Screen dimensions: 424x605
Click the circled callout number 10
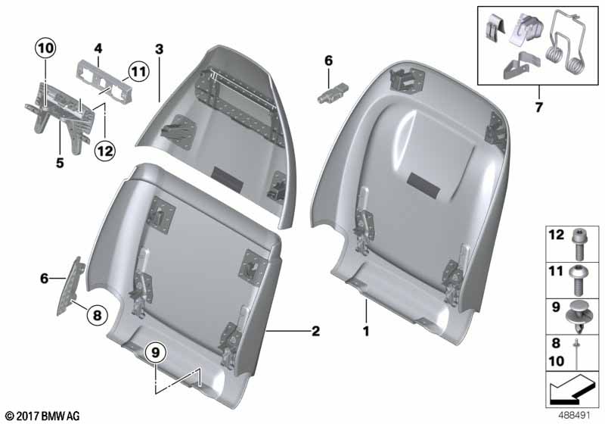(45, 49)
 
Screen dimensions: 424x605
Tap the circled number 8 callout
(97, 313)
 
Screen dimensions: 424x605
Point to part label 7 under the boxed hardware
(538, 108)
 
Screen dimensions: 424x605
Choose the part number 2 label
(315, 331)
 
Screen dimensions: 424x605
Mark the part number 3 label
(159, 49)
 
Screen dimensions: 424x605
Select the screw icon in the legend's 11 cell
(579, 278)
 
